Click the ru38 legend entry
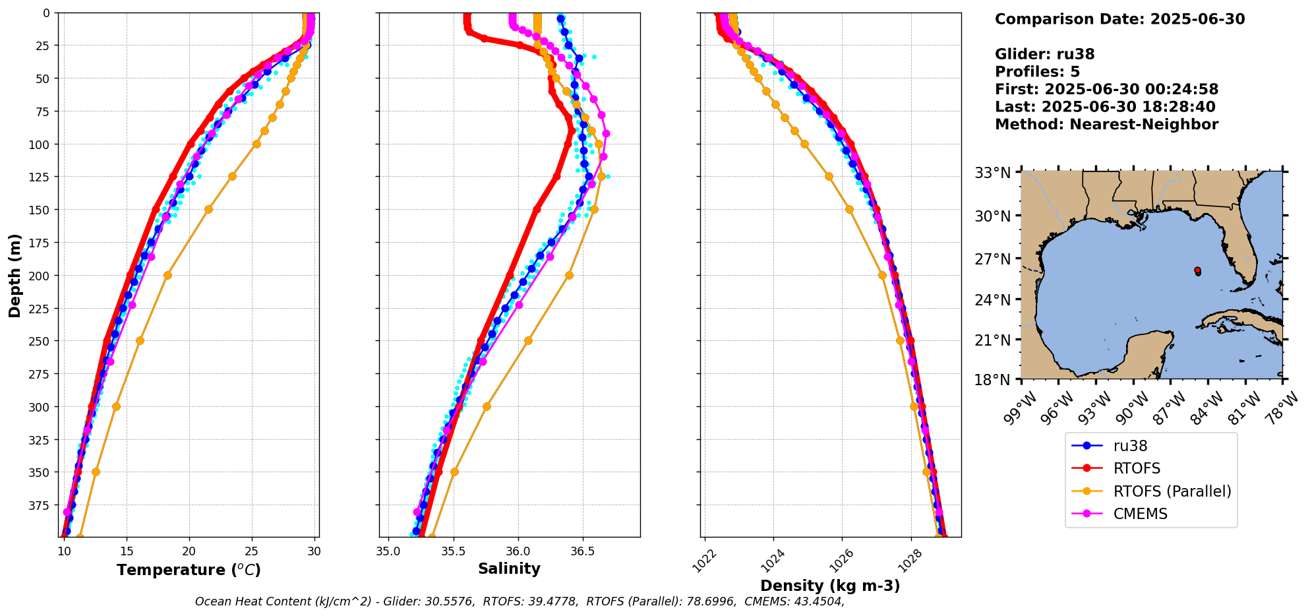[1130, 446]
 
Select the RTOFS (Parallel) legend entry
[1172, 491]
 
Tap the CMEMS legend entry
[1140, 514]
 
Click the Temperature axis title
[189, 570]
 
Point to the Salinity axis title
[509, 569]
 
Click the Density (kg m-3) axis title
[830, 586]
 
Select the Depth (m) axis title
[15, 275]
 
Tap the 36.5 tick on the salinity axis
[582, 551]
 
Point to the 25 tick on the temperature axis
[252, 551]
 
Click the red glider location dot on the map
[1197, 270]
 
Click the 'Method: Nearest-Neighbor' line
[1106, 125]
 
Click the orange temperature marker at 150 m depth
[208, 210]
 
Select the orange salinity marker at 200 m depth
[569, 275]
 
